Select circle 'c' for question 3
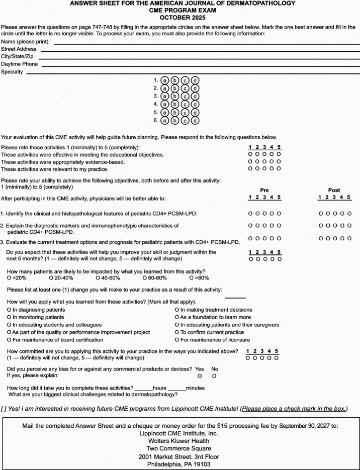(x=186, y=96)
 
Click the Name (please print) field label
(x=25, y=41)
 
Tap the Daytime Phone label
(x=19, y=64)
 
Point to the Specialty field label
(x=12, y=72)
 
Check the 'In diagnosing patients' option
(x=9, y=310)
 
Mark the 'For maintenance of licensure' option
(x=176, y=340)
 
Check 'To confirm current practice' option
(x=176, y=332)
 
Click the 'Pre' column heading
(x=264, y=191)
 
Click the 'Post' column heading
(x=334, y=191)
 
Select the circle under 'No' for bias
(x=214, y=375)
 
